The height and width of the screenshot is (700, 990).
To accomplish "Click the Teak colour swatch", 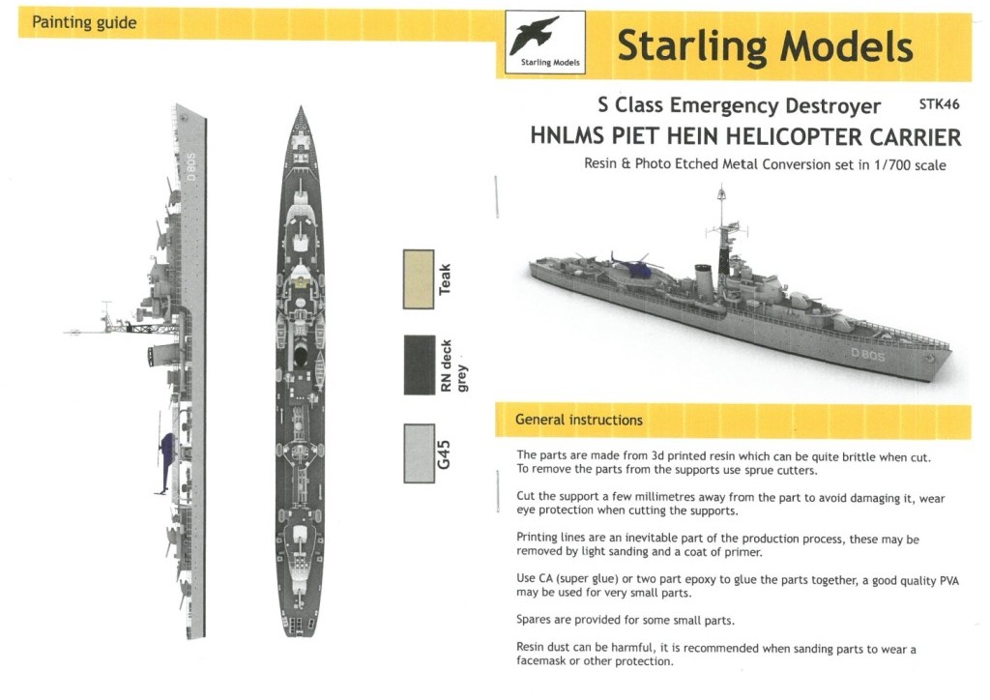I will pos(418,279).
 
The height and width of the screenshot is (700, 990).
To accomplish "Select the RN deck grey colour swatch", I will pos(418,365).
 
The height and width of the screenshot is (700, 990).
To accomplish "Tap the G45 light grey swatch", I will pos(418,452).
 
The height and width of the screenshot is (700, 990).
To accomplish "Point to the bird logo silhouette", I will pos(545,38).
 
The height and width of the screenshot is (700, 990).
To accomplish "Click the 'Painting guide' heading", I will pos(84,22).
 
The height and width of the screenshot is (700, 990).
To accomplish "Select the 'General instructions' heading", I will pos(578,420).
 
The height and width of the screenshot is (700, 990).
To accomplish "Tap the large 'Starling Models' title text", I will pos(764,45).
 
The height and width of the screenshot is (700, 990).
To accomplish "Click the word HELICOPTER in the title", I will pos(772,135).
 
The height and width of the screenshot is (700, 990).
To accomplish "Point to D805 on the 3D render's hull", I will pos(867,355).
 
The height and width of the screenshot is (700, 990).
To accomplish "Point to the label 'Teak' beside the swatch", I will pos(445,279).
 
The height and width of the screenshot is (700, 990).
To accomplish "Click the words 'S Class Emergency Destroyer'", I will pos(739,105).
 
